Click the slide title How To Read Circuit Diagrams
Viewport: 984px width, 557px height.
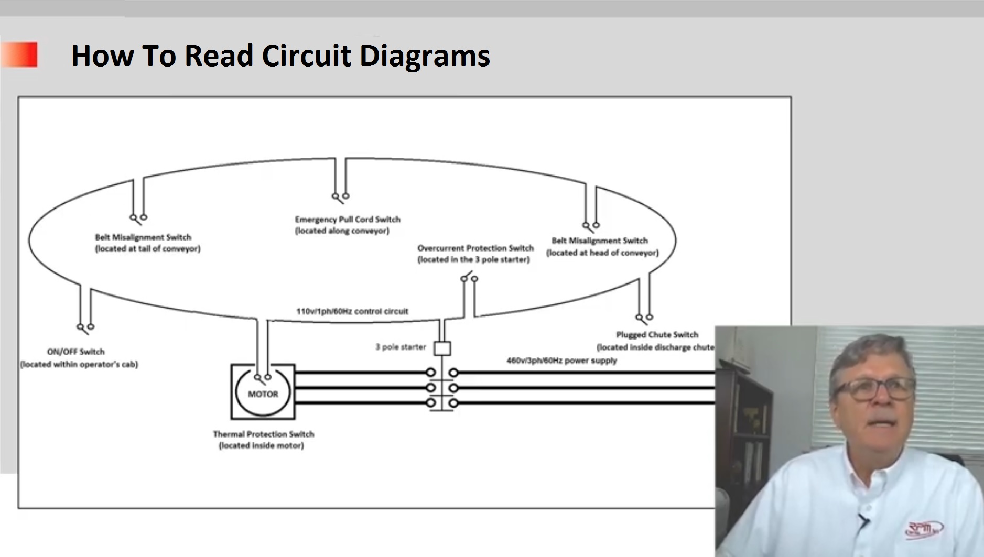280,56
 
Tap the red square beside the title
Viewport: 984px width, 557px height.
19,54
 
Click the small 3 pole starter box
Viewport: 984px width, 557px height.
443,348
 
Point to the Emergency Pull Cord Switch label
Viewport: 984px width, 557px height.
347,225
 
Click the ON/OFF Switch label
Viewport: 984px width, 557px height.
79,358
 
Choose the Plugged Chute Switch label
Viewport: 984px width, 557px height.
656,341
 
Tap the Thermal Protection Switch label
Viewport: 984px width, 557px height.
263,440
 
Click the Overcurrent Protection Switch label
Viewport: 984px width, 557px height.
475,254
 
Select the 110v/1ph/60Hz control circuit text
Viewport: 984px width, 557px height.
352,311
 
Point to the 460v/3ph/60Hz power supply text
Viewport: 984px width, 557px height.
561,361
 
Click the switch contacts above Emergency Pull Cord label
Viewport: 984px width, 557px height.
340,198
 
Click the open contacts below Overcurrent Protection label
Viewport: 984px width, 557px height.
469,277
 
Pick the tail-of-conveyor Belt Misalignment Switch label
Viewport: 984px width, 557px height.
147,243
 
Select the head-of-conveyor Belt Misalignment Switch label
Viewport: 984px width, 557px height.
602,246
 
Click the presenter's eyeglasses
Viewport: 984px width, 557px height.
874,389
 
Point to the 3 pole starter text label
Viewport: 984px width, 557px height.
401,347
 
